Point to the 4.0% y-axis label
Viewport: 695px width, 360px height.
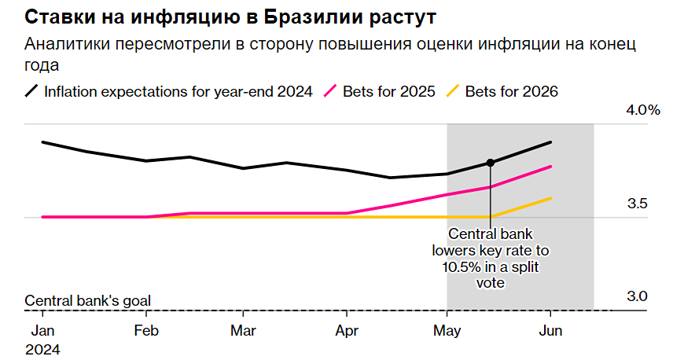(x=642, y=110)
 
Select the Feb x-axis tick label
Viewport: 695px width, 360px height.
(x=146, y=331)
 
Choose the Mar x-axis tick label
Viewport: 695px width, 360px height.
(x=243, y=331)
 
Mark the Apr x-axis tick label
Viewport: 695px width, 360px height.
(x=347, y=331)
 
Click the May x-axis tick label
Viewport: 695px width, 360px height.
(x=447, y=331)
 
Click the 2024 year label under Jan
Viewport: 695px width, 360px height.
(x=42, y=347)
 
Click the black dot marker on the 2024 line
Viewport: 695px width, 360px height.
(x=491, y=163)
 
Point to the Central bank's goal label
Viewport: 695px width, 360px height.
(x=87, y=300)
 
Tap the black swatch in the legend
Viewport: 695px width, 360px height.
(x=31, y=91)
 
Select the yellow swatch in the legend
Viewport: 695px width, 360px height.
(x=452, y=91)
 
